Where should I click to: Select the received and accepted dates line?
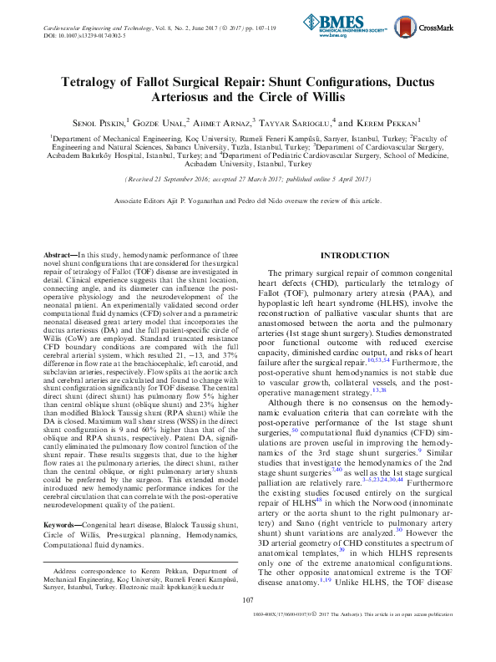pyautogui.click(x=247, y=180)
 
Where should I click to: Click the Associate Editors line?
pyautogui.click(x=247, y=201)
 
